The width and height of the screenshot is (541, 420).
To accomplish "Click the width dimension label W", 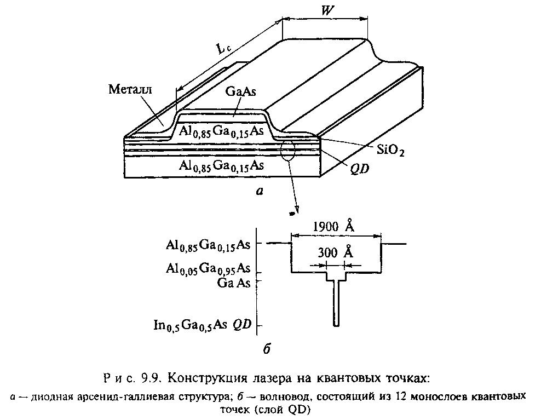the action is point(327,10).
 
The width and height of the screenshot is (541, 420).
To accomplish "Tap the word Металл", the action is point(130,89).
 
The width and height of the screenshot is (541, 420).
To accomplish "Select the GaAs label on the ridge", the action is point(240,91).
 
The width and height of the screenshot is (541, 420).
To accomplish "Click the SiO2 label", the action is point(390,150).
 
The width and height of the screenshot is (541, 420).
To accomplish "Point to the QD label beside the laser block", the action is point(359,169).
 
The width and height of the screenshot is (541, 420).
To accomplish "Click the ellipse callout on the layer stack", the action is point(288,151).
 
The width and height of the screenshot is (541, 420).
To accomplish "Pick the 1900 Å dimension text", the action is point(333,226).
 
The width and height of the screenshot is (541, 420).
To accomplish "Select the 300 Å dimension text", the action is point(335,252).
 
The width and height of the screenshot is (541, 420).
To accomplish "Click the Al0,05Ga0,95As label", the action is point(208,268).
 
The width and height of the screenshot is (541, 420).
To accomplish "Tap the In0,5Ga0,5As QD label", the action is point(203,325).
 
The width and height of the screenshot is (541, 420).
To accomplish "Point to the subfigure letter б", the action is point(267,349).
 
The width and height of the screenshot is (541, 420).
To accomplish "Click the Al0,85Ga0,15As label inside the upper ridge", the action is point(221,131).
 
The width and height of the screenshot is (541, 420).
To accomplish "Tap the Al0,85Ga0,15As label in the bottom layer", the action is point(221,166).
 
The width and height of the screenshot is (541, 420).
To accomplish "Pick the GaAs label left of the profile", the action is point(234,283).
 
